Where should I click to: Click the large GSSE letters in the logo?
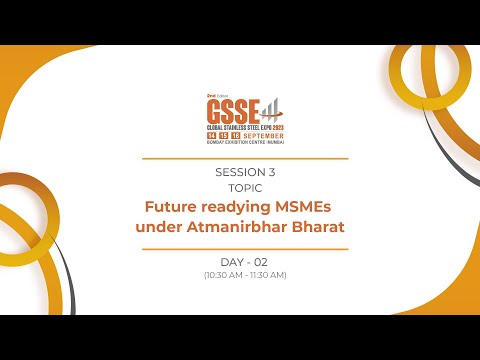pyautogui.click(x=226, y=108)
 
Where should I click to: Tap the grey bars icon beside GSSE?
pyautogui.click(x=269, y=106)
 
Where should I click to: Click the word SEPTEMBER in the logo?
pyautogui.click(x=264, y=134)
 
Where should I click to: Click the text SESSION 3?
pyautogui.click(x=245, y=172)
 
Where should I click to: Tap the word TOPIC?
pyautogui.click(x=245, y=187)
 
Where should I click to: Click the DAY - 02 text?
pyautogui.click(x=245, y=262)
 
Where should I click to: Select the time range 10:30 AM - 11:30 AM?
pyautogui.click(x=245, y=275)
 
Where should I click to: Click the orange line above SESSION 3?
pyautogui.click(x=245, y=158)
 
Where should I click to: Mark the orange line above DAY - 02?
pyautogui.click(x=245, y=248)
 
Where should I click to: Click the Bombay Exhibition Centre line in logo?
pyautogui.click(x=245, y=142)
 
